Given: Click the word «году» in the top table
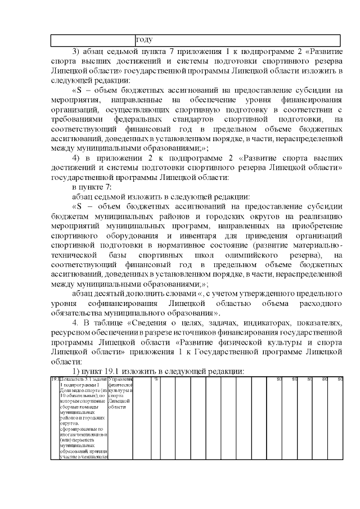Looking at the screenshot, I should click(145, 40).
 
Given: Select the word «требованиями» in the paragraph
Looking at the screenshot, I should click(78, 119).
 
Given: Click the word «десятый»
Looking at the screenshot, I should click(114, 294).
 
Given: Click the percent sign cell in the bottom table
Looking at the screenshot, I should click(155, 379).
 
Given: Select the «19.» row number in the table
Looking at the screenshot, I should click(55, 379).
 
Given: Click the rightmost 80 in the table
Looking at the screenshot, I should click(339, 379).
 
